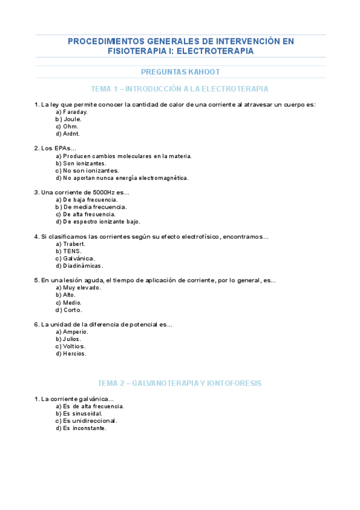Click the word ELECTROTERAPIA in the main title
click(x=219, y=52)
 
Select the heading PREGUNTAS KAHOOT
click(x=180, y=72)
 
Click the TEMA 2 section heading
click(x=180, y=383)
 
